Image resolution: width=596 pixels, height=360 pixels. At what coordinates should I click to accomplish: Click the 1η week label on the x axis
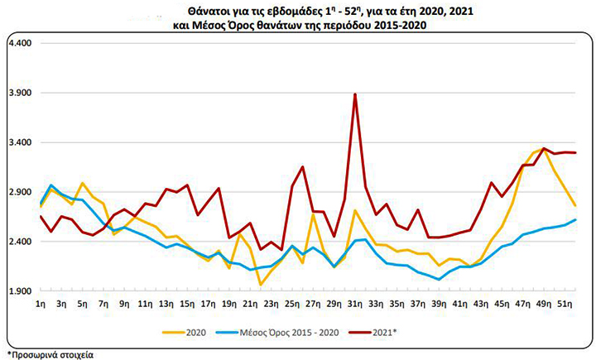(40, 304)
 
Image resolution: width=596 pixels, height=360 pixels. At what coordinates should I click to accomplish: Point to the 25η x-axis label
(292, 304)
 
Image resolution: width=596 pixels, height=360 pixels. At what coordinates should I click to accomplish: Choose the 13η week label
(166, 304)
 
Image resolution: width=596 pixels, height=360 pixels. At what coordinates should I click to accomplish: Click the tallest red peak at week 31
(355, 94)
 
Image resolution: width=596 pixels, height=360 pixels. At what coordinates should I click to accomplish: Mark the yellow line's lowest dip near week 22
(261, 285)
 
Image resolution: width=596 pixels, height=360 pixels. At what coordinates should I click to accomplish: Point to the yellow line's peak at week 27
(313, 214)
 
